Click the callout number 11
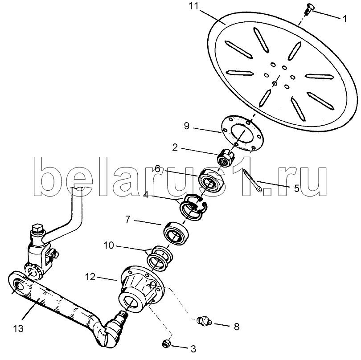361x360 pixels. coord(193,6)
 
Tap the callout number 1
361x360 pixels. coord(345,19)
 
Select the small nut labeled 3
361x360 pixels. coord(166,344)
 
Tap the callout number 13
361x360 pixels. coord(18,328)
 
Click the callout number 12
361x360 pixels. coord(90,277)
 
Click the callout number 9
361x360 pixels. coord(187,126)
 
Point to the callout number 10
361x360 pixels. coord(109,245)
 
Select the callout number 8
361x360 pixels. coord(237,327)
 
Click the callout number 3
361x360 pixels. coord(193,349)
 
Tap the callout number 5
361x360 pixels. coord(296,188)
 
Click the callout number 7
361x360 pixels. coord(128,219)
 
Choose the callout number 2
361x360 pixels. coord(175,147)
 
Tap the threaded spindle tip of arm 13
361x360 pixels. coord(123,314)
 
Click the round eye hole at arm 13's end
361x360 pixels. coord(18,286)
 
